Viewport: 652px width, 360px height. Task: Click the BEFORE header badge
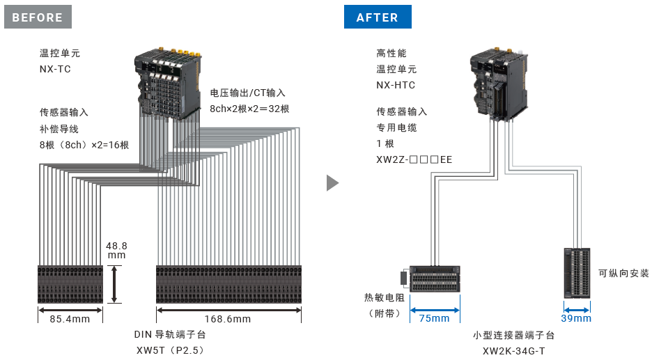(x=38, y=17)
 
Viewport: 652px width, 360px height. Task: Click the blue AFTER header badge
(x=378, y=17)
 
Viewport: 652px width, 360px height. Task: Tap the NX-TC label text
(x=55, y=69)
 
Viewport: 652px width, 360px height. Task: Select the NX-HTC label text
(x=396, y=85)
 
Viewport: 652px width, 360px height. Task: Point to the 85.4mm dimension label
(x=70, y=319)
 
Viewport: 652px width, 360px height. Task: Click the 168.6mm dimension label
(x=228, y=319)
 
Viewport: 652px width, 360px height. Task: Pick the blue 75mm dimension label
(x=435, y=318)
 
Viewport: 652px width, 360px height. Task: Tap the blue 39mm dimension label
(x=576, y=318)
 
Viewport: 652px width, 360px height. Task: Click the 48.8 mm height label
(x=116, y=251)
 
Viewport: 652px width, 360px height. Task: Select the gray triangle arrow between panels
(x=332, y=182)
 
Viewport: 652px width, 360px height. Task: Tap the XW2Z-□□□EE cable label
(x=414, y=159)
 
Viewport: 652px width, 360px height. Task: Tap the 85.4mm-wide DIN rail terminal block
(x=70, y=283)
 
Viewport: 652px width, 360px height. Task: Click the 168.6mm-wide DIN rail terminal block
(x=228, y=283)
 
